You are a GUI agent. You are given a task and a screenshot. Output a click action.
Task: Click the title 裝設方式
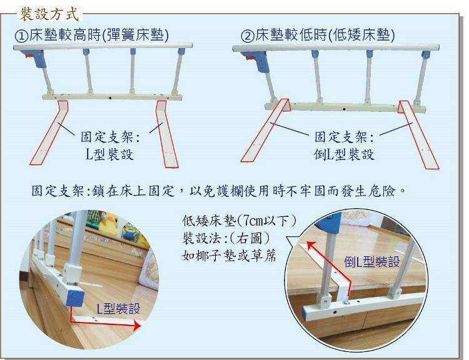pos(49,14)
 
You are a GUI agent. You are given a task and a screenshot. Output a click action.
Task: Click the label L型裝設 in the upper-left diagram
pos(109,154)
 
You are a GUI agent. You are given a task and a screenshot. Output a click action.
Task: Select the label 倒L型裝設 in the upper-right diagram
pos(344,154)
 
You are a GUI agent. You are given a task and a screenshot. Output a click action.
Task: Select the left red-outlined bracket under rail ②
pos(266,129)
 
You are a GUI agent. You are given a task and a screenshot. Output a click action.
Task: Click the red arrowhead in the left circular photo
pos(137,326)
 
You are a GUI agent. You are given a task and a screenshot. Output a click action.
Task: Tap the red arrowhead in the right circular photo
pos(310,245)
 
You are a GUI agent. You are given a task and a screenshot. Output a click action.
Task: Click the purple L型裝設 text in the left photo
pos(118,308)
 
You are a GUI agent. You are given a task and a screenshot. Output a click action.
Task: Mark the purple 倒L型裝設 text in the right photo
pos(372,262)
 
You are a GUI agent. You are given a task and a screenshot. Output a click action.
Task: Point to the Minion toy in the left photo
pos(131,231)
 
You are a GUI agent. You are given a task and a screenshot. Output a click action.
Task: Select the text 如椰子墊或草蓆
pos(229,256)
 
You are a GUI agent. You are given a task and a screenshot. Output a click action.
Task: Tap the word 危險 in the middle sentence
pos(381,191)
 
